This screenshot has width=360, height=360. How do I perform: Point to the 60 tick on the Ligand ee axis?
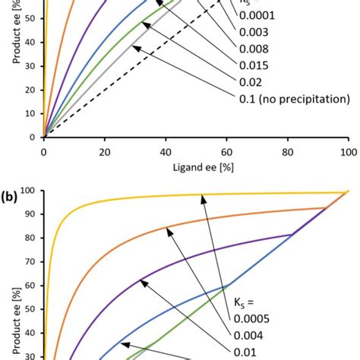[226, 151]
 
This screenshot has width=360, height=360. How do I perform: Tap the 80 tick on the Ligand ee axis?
[288, 151]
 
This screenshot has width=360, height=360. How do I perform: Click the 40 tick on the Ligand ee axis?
[166, 151]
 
